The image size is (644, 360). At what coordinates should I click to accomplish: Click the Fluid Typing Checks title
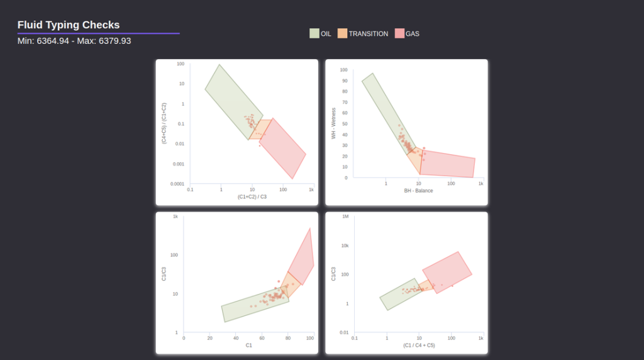click(x=69, y=25)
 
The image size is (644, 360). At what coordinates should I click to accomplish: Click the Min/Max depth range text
click(x=74, y=41)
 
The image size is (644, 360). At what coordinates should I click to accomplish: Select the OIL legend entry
click(x=320, y=33)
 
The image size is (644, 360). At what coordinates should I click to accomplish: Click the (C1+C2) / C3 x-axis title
click(x=252, y=197)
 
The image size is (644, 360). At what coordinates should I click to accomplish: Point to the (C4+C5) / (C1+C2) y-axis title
click(x=164, y=123)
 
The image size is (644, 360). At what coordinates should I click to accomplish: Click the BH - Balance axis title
click(x=418, y=191)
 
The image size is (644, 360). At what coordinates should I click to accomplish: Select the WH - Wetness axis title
click(x=334, y=123)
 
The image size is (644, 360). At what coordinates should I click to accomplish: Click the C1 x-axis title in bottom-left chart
click(x=249, y=346)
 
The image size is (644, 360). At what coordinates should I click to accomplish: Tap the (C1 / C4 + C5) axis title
click(x=419, y=346)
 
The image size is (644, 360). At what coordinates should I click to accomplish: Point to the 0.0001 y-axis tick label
click(x=177, y=184)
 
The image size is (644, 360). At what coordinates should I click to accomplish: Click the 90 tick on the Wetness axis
click(x=344, y=81)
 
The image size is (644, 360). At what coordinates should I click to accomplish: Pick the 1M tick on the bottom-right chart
click(x=345, y=217)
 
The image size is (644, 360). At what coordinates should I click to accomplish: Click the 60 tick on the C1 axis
click(x=262, y=338)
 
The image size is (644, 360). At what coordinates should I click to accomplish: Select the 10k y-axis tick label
click(x=344, y=245)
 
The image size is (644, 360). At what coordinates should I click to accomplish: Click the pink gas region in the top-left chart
click(x=283, y=148)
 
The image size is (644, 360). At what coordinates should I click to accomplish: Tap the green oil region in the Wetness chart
click(x=385, y=107)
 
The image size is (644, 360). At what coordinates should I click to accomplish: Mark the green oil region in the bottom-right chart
click(x=399, y=295)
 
